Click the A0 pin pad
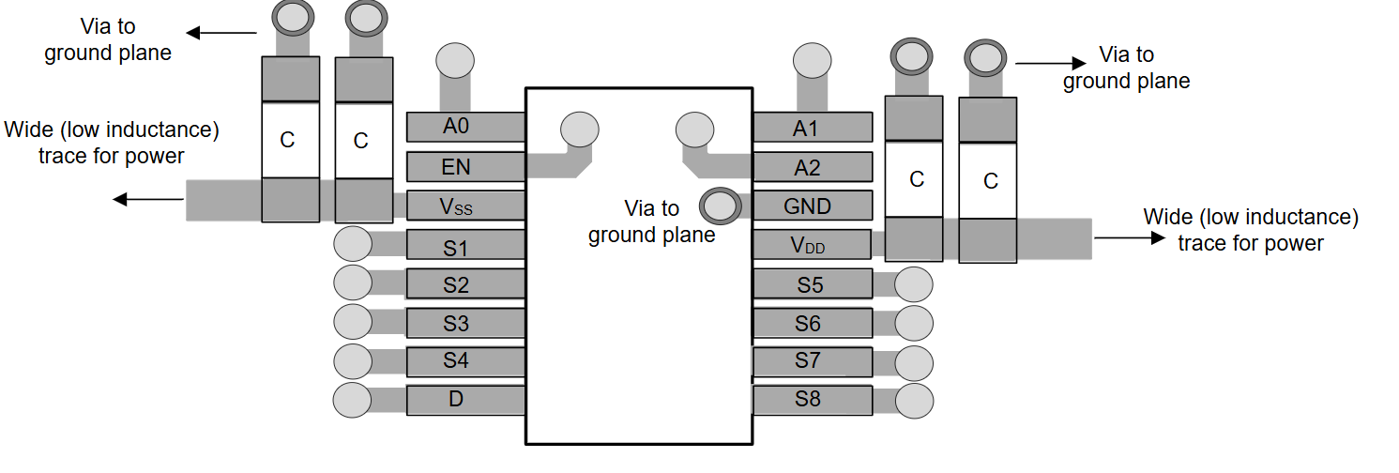pos(464,127)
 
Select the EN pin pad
pos(464,167)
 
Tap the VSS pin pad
pos(464,206)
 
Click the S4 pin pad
pos(464,360)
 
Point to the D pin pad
pos(464,400)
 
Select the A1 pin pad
pos(813,128)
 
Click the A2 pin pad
pos(813,167)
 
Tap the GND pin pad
pos(813,206)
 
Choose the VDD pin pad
pos(813,245)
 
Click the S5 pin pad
pos(813,283)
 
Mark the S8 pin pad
pos(813,400)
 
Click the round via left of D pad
pos(353,400)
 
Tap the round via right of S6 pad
pos(914,323)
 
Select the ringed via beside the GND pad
pos(720,205)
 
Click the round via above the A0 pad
pos(455,61)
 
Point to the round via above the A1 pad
pos(812,61)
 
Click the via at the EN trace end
pos(579,129)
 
